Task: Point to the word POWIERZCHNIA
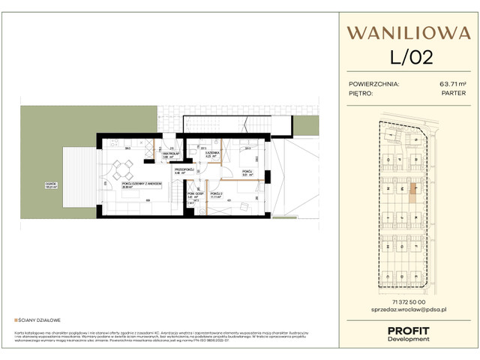pyautogui.click(x=374, y=85)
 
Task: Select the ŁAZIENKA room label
pyautogui.click(x=213, y=154)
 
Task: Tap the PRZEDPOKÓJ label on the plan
pyautogui.click(x=185, y=170)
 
